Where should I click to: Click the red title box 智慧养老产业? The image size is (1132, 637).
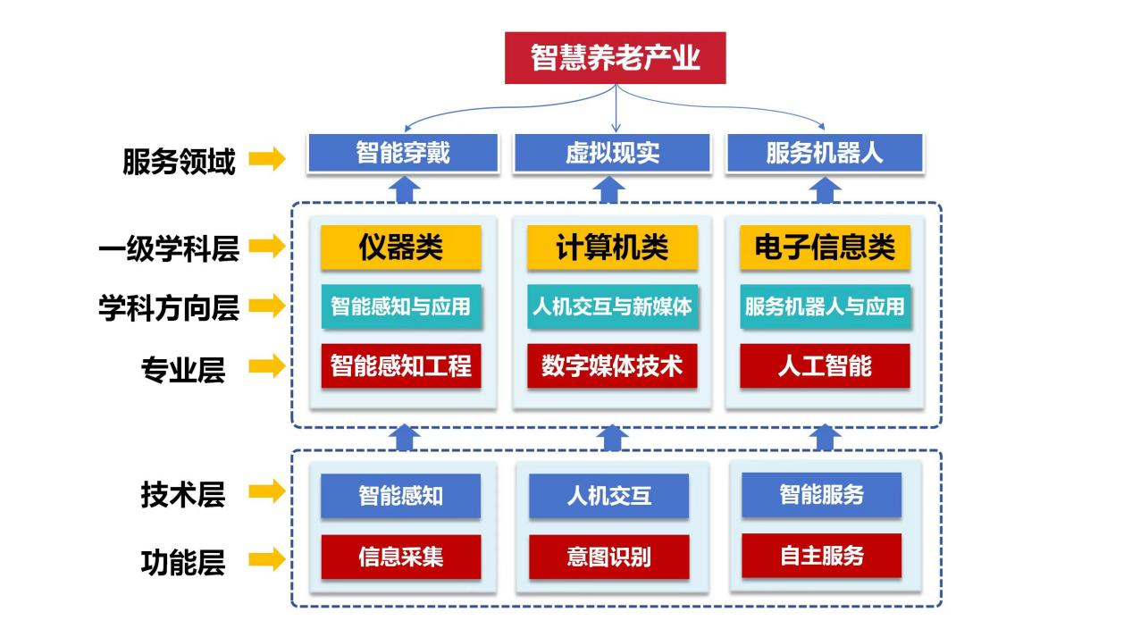pos(615,58)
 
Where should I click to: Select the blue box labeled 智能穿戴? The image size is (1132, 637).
pos(402,153)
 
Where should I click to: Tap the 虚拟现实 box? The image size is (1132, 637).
pos(612,153)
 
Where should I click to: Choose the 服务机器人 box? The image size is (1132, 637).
pos(824,153)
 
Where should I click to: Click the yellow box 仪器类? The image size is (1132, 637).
pos(401,247)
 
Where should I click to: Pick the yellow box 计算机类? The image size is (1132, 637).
pos(612,247)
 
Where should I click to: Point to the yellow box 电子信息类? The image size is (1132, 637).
pos(825,247)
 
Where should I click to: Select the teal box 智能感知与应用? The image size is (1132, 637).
pos(401,306)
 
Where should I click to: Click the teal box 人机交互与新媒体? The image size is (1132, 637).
pos(612,306)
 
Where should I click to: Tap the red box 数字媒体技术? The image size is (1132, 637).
pos(612,366)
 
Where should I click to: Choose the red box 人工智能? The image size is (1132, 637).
pos(825,366)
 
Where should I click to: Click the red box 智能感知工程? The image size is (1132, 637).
pos(401,366)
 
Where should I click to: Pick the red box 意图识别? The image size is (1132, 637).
pos(608,557)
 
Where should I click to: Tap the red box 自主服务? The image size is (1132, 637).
pos(821,556)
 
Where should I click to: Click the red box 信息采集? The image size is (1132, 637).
pos(401,557)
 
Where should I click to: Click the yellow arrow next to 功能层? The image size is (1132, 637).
pos(266,560)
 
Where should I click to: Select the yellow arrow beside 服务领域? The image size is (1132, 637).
pos(266,160)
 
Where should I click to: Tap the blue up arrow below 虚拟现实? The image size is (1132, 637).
pos(612,189)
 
